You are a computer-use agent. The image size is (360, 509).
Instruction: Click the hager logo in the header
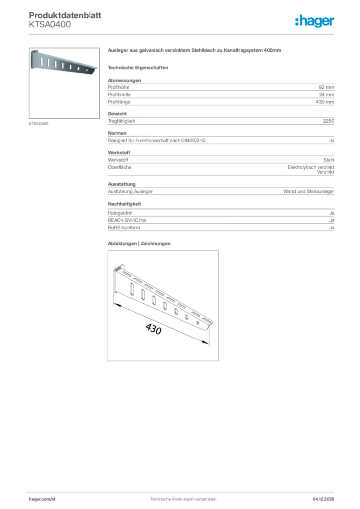tap(315, 21)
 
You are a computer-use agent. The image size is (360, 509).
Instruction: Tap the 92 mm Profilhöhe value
tap(326, 87)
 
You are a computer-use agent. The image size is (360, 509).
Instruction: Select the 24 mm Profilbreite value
tap(326, 94)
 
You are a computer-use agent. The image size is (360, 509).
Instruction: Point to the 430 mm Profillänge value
tap(325, 102)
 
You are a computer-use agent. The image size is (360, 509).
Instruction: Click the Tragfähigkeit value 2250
tap(328, 121)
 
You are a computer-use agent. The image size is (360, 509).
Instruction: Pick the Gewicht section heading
tap(117, 114)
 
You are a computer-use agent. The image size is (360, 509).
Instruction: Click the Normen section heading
tap(117, 133)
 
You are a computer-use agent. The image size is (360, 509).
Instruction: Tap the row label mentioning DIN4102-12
tap(157, 141)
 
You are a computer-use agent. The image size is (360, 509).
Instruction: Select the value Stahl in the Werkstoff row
tap(328, 160)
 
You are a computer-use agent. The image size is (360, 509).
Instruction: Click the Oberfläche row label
tap(120, 167)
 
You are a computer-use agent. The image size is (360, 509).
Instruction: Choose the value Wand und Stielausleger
tap(308, 191)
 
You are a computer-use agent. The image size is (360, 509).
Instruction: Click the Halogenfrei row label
tap(120, 213)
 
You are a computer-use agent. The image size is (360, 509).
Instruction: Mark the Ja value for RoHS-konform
tap(331, 227)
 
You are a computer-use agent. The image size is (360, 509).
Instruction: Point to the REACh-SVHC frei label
tap(127, 220)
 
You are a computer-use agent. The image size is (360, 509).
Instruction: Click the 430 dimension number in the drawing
tap(153, 329)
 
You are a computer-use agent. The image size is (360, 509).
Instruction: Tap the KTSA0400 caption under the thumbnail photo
tap(39, 123)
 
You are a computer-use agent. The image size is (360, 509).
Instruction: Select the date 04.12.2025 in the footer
tap(323, 499)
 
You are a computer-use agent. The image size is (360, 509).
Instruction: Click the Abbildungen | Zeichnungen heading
tap(139, 243)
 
